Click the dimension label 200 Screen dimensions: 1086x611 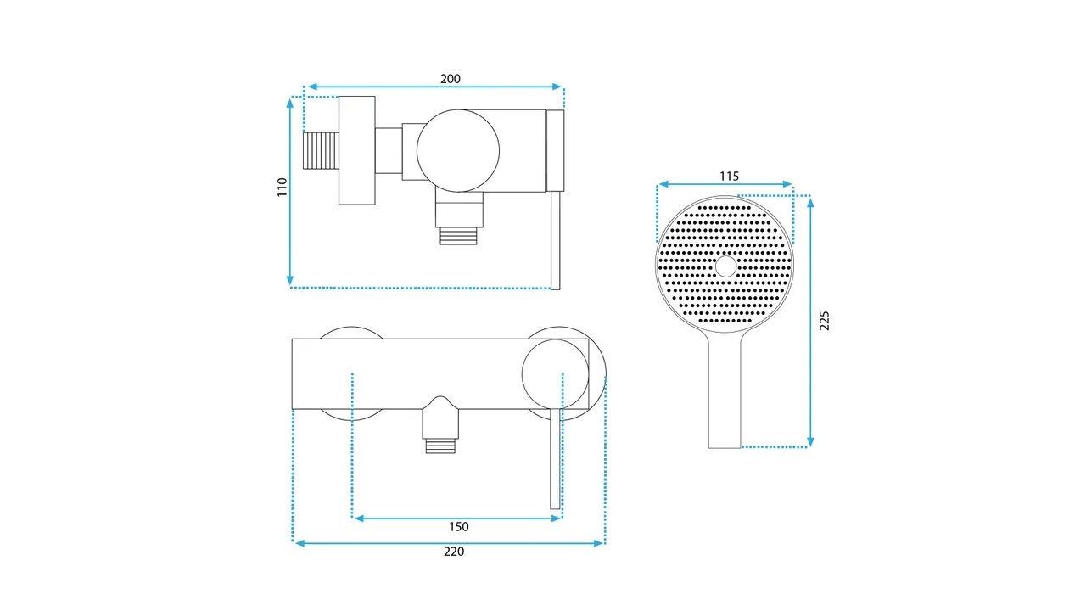[x=451, y=79]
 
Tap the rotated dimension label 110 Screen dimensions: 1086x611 [x=283, y=188]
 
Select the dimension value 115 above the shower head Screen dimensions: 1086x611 [x=729, y=176]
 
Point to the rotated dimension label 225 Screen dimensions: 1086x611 [x=824, y=321]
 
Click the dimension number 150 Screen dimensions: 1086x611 [x=459, y=527]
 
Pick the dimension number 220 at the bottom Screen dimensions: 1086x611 [x=454, y=552]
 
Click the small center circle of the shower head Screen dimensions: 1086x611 [x=725, y=266]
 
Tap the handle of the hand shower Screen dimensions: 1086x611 [x=725, y=390]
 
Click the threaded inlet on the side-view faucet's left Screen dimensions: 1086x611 [x=321, y=151]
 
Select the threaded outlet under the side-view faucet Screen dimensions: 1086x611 [x=459, y=236]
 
